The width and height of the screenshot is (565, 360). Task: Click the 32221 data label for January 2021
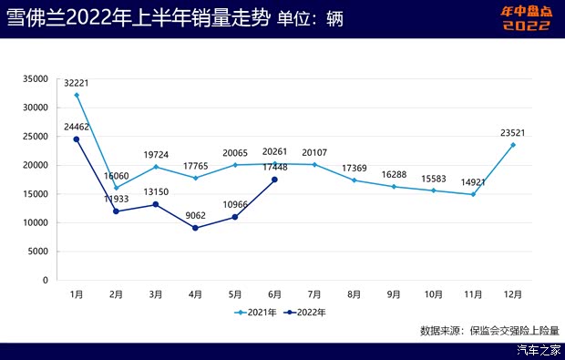77,83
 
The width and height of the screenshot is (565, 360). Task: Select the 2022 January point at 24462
77,139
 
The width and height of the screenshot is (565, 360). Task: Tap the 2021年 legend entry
257,312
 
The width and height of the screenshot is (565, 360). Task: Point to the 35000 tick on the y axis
35,78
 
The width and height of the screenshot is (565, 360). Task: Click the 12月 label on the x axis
513,294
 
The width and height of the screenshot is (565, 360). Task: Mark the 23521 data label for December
513,133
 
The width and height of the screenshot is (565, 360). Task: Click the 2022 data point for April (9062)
195,228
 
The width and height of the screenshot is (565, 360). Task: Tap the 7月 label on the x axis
314,294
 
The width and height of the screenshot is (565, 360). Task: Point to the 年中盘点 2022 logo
527,18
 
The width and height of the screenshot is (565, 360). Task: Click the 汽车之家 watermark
539,350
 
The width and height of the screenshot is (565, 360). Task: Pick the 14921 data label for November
473,182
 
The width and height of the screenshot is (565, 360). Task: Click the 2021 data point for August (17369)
354,180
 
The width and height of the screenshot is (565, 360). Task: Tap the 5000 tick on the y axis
37,252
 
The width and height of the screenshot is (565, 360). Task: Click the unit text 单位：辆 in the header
310,20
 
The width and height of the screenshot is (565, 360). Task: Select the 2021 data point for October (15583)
434,190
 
